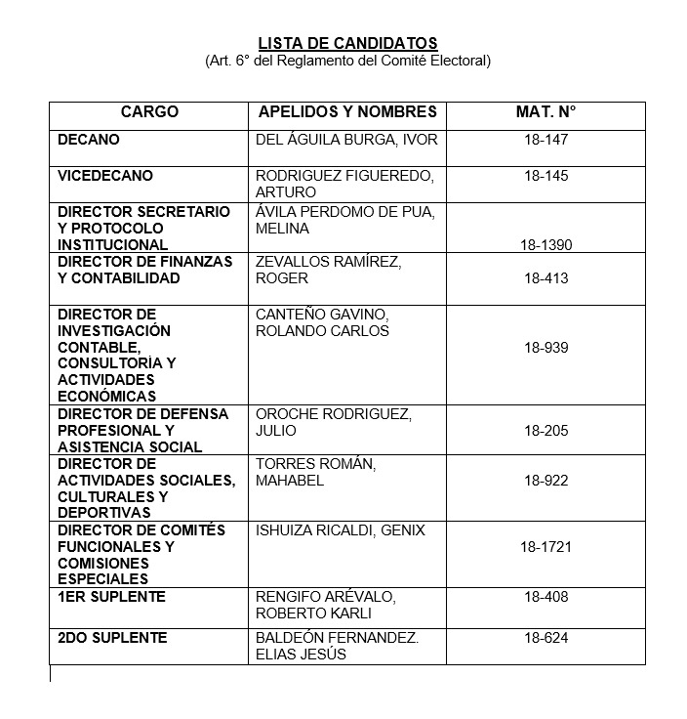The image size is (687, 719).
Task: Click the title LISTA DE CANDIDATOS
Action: pos(347,43)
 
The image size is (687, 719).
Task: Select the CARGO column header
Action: pos(149,112)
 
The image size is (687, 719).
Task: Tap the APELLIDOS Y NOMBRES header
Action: pos(347,112)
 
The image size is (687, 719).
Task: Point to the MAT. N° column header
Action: pos(546,112)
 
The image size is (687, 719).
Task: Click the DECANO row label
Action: pos(89,140)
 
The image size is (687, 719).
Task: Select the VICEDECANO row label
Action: pos(105,176)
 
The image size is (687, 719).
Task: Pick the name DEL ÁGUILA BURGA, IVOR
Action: pos(346,140)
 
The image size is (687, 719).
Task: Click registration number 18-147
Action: pos(546,140)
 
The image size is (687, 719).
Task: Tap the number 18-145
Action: pos(546,176)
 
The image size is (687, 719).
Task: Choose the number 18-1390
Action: pos(546,245)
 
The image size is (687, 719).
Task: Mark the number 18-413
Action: pos(546,278)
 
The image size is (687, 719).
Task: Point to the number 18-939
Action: pos(546,348)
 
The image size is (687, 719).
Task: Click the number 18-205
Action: pos(546,431)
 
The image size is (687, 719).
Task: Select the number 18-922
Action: pos(546,481)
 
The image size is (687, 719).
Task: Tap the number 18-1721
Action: pos(546,547)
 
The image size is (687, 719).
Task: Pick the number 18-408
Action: pos(546,597)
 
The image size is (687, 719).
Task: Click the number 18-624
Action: pos(546,638)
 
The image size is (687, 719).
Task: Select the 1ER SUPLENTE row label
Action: pos(111,597)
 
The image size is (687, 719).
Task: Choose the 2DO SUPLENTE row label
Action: pos(112,638)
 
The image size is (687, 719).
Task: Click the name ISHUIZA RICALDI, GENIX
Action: pos(340,530)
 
